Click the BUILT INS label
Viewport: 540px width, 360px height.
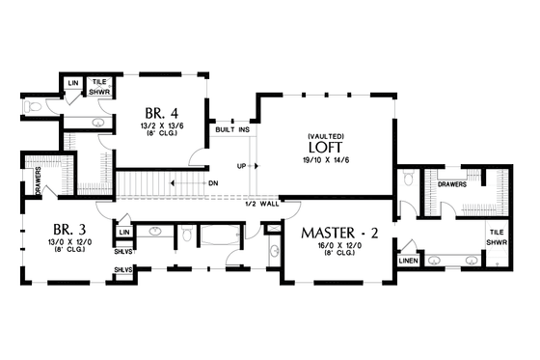(x=231, y=129)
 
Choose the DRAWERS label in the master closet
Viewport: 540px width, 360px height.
(x=453, y=183)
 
